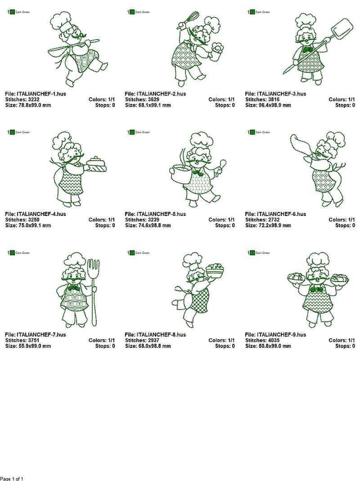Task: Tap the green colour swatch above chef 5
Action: tap(132, 132)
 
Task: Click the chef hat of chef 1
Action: tap(59, 21)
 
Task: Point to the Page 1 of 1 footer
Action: tap(12, 478)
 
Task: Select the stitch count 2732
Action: tap(273, 220)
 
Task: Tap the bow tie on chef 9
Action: tap(316, 289)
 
